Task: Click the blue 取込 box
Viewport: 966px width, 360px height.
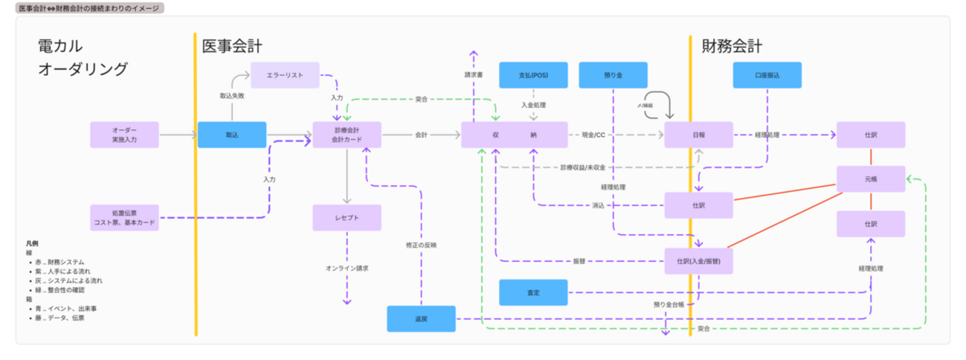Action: click(x=232, y=135)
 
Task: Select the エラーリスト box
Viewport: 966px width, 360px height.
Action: click(x=286, y=75)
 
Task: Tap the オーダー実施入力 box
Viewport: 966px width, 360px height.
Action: click(x=124, y=135)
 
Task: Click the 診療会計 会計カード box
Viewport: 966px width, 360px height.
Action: click(x=347, y=135)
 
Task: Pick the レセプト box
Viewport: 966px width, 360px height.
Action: click(x=347, y=217)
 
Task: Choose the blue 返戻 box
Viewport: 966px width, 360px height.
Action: click(x=421, y=318)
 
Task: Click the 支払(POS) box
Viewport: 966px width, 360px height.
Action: click(x=533, y=75)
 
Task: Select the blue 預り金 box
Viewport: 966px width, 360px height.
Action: click(x=613, y=75)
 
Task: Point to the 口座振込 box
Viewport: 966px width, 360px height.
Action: click(x=767, y=75)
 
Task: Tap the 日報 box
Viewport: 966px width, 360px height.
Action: click(x=698, y=135)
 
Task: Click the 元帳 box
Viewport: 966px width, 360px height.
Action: click(x=871, y=179)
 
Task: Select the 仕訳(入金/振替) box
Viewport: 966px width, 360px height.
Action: click(x=698, y=261)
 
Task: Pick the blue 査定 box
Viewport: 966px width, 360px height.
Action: click(x=533, y=292)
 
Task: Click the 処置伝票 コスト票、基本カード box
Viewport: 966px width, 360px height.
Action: click(x=124, y=217)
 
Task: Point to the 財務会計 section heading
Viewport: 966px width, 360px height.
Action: click(x=732, y=47)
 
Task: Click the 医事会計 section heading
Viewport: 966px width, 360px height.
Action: click(x=232, y=47)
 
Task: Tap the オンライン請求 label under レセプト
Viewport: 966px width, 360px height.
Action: click(x=347, y=268)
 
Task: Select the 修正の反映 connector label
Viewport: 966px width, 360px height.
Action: click(x=421, y=245)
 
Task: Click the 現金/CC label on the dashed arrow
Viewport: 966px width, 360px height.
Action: click(x=593, y=135)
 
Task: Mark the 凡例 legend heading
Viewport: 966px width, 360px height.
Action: click(x=32, y=243)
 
